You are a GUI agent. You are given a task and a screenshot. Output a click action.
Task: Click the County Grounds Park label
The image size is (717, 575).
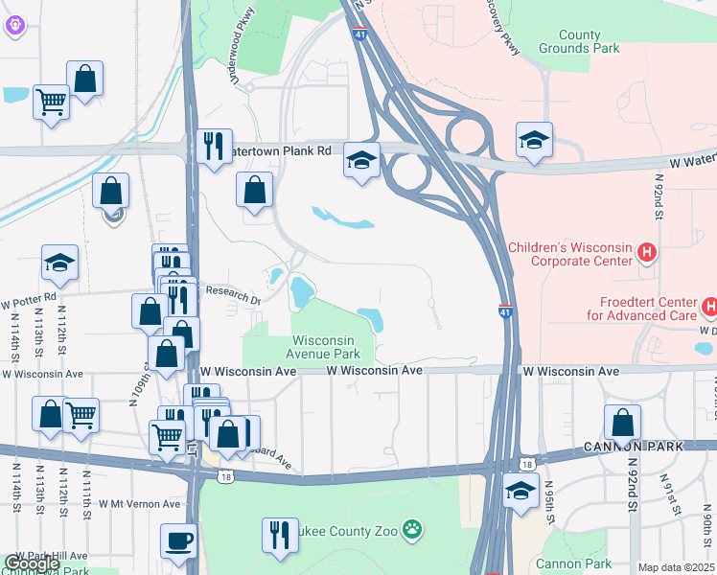coord(580,41)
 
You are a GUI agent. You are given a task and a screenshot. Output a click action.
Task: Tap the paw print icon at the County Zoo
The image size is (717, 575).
coord(412,528)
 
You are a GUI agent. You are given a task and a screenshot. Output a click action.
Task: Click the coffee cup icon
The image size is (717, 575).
coord(178,540)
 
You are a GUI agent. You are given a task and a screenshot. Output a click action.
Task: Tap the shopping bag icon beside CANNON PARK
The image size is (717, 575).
coord(623,421)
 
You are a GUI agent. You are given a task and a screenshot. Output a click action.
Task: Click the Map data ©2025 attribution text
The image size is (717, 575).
coord(676,567)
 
